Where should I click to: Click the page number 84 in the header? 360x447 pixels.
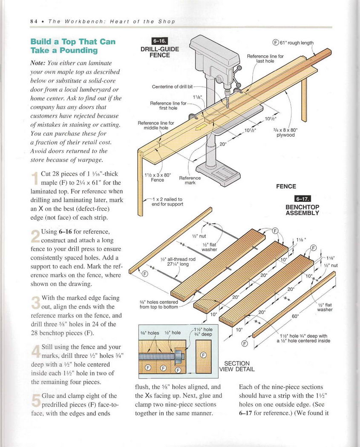click(x=34, y=21)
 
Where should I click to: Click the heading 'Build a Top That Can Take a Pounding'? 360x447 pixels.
click(x=73, y=46)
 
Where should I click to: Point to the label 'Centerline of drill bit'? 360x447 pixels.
click(x=176, y=87)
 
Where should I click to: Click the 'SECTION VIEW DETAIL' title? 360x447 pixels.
click(x=236, y=366)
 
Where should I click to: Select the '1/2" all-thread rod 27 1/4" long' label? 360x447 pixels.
click(x=178, y=261)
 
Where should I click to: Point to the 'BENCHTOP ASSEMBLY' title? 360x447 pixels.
click(x=302, y=210)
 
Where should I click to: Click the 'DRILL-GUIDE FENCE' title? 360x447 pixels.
click(x=160, y=52)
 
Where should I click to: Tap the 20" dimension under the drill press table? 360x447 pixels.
click(x=222, y=144)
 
